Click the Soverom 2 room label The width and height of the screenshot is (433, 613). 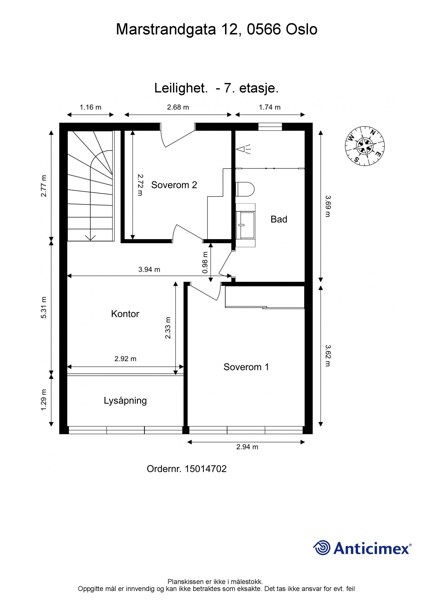point(174,185)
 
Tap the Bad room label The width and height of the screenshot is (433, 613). point(278,219)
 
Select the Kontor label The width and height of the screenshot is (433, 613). point(125,314)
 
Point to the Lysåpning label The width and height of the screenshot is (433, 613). point(125,400)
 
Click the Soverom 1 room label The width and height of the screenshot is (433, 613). point(246,367)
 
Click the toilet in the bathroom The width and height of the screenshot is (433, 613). point(245,189)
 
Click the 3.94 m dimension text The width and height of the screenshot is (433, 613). point(149,270)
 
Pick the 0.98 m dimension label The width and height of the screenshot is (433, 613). point(205,262)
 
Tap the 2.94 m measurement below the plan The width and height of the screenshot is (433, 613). point(247,447)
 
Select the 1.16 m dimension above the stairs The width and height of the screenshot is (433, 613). point(90,107)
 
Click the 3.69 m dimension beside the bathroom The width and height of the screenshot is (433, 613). point(328,206)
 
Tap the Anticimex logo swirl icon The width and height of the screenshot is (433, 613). point(322,547)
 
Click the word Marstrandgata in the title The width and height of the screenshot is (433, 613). point(166,29)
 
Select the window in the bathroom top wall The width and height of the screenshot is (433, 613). point(270,127)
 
